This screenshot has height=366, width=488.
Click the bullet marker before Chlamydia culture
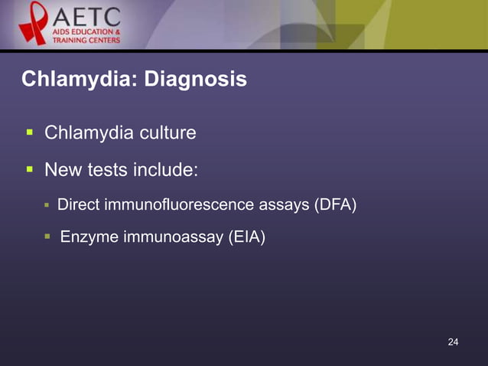29,132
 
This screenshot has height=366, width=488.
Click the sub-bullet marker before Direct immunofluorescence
47,204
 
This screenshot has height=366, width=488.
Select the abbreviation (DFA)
335,205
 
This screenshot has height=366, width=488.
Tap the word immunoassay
173,238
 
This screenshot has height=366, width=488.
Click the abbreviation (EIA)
246,238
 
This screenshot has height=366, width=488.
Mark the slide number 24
453,341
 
